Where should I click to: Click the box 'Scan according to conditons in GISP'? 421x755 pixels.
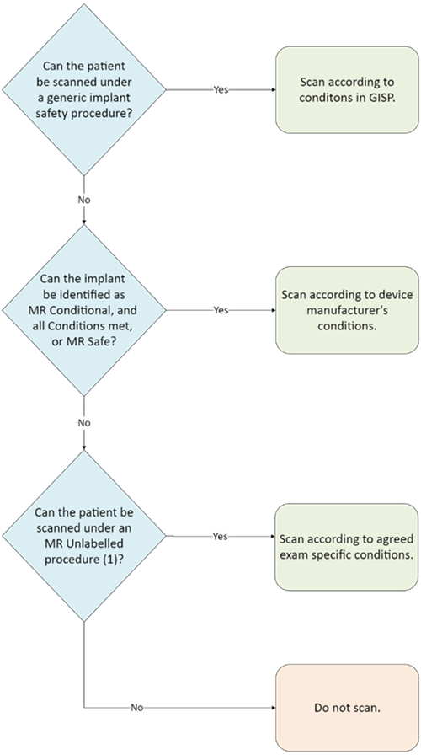point(347,89)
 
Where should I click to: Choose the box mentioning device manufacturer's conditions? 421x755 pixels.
point(347,310)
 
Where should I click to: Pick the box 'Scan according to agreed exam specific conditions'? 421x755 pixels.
point(347,546)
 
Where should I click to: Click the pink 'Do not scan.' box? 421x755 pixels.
point(347,708)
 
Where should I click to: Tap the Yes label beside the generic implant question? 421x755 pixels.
point(221,89)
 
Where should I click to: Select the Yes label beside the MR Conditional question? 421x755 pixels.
point(221,310)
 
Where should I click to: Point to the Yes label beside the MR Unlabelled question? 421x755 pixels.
point(221,536)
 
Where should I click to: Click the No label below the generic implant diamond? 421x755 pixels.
point(83,201)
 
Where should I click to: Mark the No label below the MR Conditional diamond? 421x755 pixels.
point(83,423)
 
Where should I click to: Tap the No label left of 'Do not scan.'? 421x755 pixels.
point(136,708)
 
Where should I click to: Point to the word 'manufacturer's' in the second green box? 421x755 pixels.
point(347,310)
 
